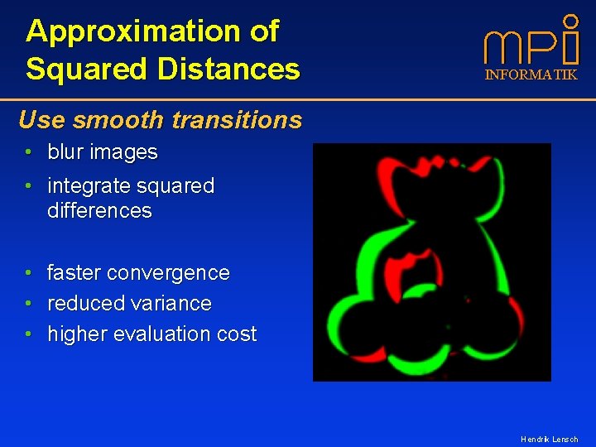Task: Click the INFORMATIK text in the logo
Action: pos(531,74)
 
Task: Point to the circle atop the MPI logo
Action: pos(570,19)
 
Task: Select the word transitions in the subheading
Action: pos(237,120)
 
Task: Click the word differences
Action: pos(99,210)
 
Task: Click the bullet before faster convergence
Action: pos(29,272)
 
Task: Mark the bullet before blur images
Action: pos(29,152)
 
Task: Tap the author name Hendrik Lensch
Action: pos(549,439)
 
